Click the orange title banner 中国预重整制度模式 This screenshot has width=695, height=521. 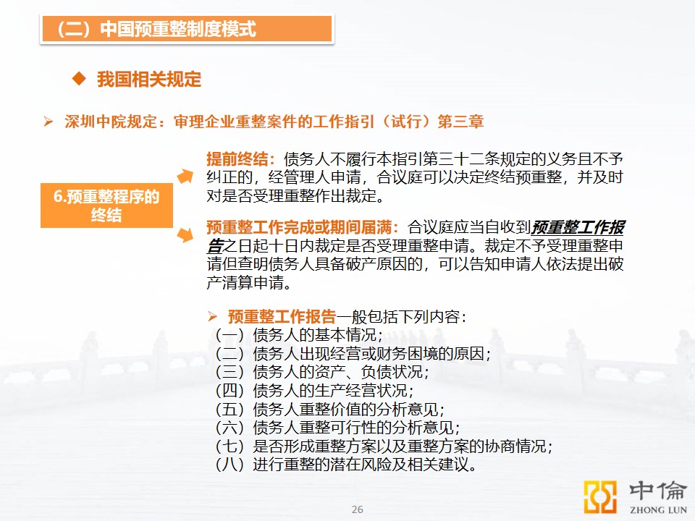point(187,29)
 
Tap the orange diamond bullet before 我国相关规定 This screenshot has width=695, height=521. point(79,79)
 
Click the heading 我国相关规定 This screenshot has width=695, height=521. point(149,80)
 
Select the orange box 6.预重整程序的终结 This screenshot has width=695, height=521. point(106,206)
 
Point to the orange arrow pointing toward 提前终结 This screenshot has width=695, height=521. point(185,176)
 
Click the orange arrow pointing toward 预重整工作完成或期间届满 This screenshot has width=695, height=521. point(185,234)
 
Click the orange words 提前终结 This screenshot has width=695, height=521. point(237,158)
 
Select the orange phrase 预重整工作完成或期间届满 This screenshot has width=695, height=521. point(299,227)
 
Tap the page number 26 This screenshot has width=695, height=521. point(357,509)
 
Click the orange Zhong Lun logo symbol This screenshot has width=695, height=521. point(600,496)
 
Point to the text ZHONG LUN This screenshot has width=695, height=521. point(658,510)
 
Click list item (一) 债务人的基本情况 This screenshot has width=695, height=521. point(298,335)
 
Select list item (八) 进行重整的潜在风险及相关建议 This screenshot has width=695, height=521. point(346,465)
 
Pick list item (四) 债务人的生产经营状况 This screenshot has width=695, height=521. point(314,390)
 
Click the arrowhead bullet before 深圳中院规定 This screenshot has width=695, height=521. point(49,122)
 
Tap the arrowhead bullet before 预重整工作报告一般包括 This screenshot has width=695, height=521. point(212,316)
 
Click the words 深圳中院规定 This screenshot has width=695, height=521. point(111,122)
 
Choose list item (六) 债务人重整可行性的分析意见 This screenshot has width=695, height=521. point(337,428)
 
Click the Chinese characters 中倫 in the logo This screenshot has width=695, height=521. point(658,491)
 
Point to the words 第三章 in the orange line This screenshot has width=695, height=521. point(460,122)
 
